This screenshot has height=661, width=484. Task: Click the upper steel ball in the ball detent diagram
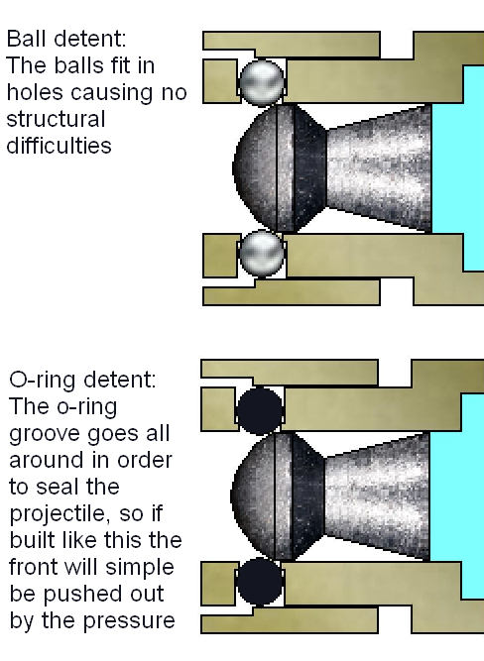click(262, 82)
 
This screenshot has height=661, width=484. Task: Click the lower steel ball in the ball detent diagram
click(262, 254)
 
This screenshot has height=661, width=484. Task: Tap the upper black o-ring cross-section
click(259, 409)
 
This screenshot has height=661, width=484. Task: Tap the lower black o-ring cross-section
click(259, 583)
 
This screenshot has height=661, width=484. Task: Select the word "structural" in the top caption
click(56, 119)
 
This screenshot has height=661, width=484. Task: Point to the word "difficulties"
click(60, 146)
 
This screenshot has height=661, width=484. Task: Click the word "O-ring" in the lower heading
click(44, 381)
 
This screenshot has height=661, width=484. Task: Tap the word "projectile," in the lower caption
click(59, 514)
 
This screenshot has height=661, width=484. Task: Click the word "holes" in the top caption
click(35, 92)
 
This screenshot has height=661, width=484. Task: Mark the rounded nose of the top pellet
click(255, 167)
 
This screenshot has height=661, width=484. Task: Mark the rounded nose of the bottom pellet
click(253, 496)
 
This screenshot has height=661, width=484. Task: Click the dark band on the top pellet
click(309, 168)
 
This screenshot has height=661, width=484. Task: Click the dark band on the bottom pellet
click(307, 496)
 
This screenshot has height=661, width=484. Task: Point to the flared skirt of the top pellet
click(379, 168)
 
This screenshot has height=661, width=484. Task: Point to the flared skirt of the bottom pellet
click(377, 496)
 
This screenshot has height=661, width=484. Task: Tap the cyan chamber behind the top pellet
click(458, 168)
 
